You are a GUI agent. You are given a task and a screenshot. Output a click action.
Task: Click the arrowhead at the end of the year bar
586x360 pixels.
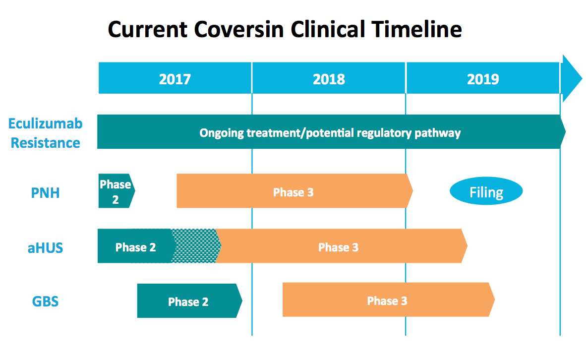[x=572, y=78]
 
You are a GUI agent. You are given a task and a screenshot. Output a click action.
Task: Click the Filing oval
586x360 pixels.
[x=486, y=191]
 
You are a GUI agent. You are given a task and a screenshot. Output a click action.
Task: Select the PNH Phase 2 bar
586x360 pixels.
[x=117, y=190]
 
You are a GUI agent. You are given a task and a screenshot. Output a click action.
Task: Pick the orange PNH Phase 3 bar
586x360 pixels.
[x=294, y=190]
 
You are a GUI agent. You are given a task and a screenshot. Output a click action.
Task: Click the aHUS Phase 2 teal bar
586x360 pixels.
[x=135, y=246]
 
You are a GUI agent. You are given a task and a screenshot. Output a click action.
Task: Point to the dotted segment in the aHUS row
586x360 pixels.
[x=195, y=246]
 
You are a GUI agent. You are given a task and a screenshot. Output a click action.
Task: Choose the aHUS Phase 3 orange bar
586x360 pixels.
[x=341, y=246]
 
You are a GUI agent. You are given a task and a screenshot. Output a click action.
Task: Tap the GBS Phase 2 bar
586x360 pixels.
[x=189, y=301]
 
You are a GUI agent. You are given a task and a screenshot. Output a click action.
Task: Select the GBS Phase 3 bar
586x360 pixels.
[x=389, y=300]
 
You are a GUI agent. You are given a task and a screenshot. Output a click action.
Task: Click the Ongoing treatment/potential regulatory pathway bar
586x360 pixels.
[x=331, y=131]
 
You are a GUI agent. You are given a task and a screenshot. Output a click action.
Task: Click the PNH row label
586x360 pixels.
[x=45, y=193]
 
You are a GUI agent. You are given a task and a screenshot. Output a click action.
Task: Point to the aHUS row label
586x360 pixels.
[x=45, y=248]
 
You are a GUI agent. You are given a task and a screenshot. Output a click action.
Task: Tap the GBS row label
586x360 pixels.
[x=45, y=301]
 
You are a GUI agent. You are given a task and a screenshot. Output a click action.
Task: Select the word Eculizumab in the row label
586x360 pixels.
[x=45, y=123]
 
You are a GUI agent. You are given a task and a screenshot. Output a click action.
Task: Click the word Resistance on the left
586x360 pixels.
[x=45, y=143]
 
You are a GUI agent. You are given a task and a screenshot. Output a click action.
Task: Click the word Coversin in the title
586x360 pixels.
[x=239, y=29]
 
